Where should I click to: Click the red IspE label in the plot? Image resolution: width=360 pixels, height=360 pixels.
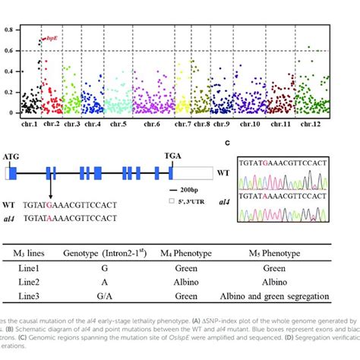[54, 36]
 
